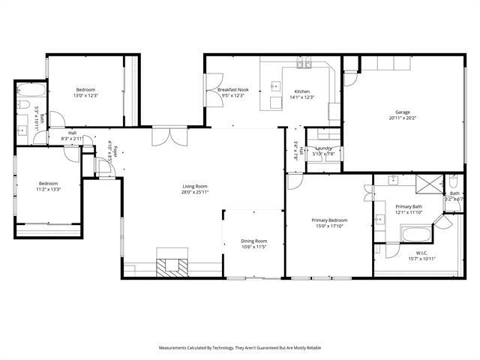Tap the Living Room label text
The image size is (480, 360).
pos(195,186)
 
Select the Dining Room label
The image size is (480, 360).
pos(254,241)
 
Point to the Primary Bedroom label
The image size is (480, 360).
pos(330,220)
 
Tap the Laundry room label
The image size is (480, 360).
pos(324,148)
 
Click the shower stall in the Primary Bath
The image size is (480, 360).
pos(430,182)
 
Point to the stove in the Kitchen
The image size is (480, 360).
pos(304,64)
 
